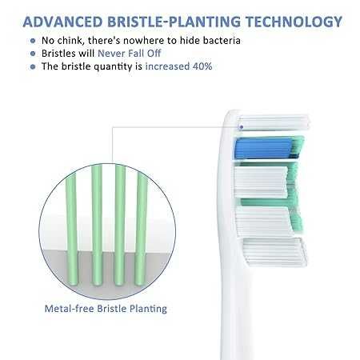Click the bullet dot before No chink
(32, 41)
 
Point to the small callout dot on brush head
(241, 125)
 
